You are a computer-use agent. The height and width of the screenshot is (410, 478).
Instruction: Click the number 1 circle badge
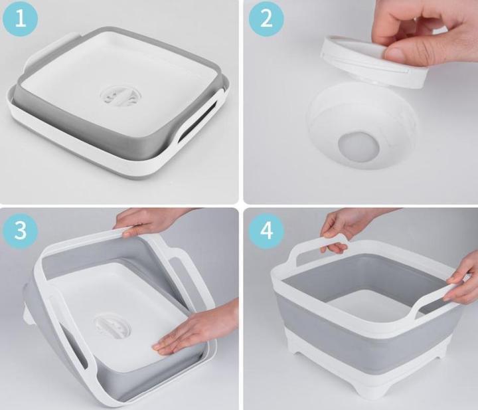point(21,19)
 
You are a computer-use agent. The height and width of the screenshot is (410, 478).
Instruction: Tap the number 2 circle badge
point(266,19)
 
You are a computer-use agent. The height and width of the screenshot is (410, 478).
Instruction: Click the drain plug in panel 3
point(116,320)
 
